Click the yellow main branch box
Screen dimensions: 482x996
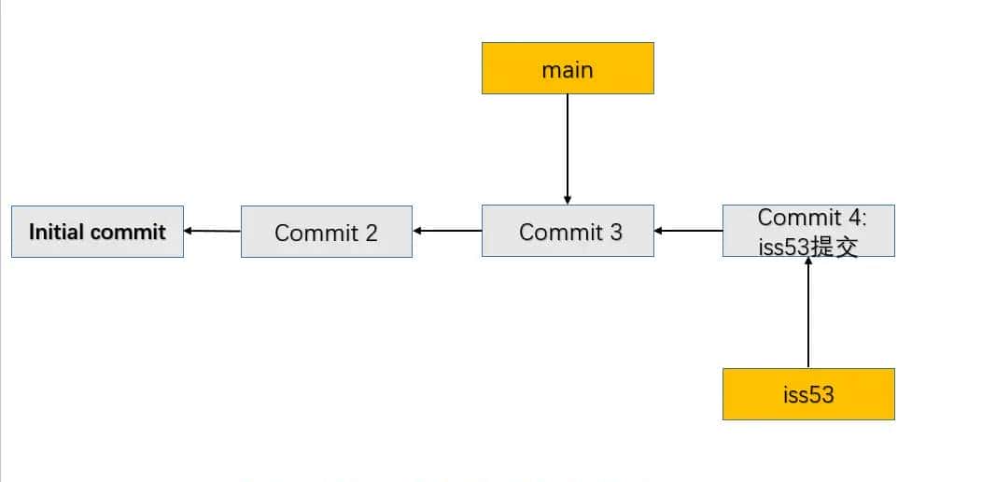(568, 69)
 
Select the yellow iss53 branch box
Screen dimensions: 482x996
(808, 394)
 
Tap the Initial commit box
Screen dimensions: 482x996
(97, 232)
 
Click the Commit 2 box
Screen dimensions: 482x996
(326, 232)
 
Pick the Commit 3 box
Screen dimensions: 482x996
(568, 231)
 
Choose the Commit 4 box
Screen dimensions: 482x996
(808, 231)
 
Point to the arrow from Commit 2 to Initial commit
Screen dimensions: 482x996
(213, 231)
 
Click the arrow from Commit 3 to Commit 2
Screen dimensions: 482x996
(447, 231)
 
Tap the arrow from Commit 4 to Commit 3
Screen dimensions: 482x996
(689, 230)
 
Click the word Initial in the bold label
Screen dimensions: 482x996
(57, 232)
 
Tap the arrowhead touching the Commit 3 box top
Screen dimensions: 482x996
(568, 200)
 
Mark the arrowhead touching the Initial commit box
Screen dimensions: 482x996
(189, 230)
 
